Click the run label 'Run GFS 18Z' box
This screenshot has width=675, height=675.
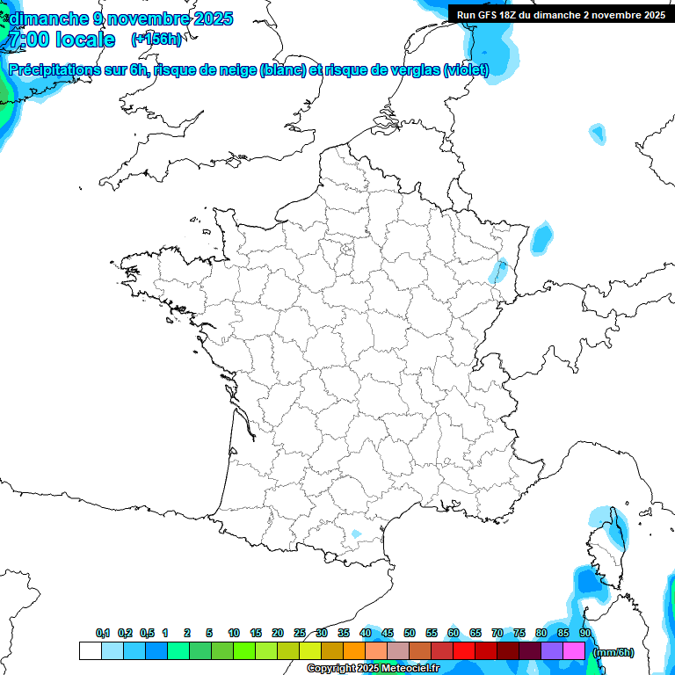(x=560, y=15)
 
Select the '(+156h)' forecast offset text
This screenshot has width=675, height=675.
(x=157, y=39)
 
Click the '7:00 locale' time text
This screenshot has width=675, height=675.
(x=62, y=40)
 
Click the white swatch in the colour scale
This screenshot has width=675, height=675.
(x=90, y=651)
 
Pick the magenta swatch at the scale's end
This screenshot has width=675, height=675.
(x=574, y=651)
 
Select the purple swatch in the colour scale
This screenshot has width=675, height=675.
(x=552, y=651)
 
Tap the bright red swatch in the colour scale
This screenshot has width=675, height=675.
(x=464, y=651)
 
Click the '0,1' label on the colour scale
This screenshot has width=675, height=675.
(x=103, y=633)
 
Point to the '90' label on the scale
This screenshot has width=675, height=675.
(x=585, y=633)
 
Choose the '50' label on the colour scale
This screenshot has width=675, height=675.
(x=410, y=633)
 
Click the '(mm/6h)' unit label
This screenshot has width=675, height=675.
(x=613, y=652)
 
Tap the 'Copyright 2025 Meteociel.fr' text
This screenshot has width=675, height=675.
(x=373, y=669)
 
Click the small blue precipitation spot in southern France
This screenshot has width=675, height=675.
(x=356, y=533)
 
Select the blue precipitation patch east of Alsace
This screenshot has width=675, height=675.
(x=541, y=236)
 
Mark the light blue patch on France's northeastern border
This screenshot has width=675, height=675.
(x=499, y=270)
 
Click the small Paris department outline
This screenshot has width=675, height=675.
(x=348, y=249)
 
